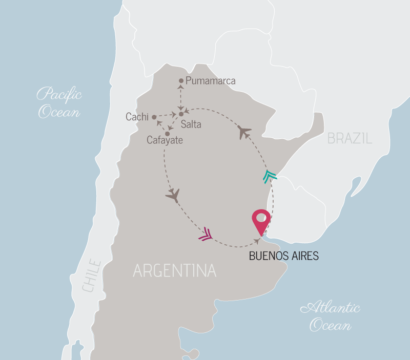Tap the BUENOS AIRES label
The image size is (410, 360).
283,256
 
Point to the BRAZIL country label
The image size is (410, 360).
350,138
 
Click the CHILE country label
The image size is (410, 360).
92,277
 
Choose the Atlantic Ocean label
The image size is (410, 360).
330,316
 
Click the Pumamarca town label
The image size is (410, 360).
210,81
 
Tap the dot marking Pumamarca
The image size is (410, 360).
181,81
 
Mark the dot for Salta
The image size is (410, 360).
181,114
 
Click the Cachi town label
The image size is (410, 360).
137,117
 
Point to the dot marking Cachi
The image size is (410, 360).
154,117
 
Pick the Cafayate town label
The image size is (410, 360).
165,140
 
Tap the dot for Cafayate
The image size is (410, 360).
167,134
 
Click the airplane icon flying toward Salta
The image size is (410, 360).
244,132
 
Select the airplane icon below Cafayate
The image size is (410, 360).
173,195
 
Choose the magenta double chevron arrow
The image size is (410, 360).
205,234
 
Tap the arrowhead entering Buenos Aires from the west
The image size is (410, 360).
257,239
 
